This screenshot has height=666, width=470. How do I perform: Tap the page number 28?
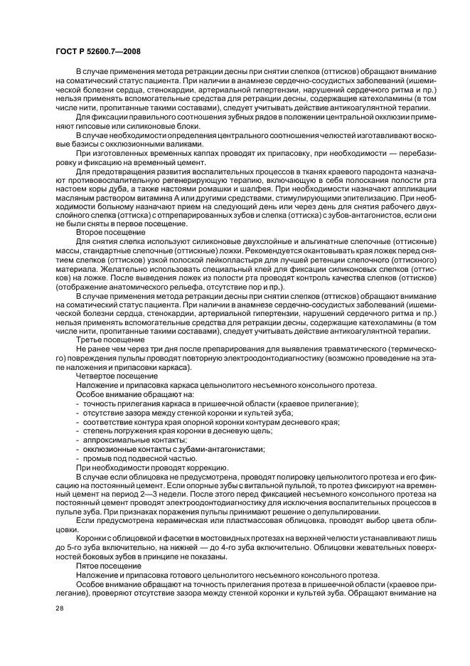click(61, 608)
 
